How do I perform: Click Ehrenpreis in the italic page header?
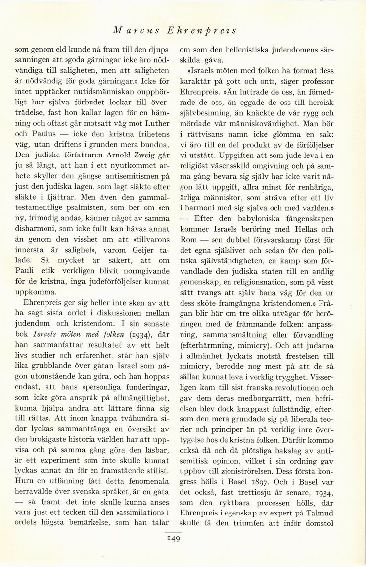coord(208,30)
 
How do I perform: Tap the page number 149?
coord(173,537)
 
